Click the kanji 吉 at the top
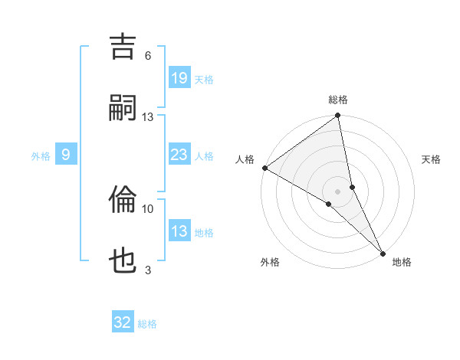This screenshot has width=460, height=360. pos(123,46)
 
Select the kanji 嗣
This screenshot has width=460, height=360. pos(123,107)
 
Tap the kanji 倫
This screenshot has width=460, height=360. pos(123,200)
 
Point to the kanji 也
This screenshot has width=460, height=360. pos(123,261)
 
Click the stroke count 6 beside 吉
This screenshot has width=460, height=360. pos(148,56)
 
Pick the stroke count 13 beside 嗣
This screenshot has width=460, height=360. pos(148,116)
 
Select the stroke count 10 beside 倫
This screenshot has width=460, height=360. pos(148,208)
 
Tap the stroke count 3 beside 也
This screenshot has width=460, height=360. pos(148,270)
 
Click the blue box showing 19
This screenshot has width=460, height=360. pos(179,78)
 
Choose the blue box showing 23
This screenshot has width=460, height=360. pos(179,155)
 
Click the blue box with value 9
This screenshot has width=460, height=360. pos(66,155)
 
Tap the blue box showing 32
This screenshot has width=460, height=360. pos(123,322)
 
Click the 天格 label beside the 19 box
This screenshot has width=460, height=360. pos(204,80)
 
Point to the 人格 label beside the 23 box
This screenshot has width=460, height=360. pos(204,156)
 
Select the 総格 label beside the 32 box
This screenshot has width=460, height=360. pos(147,324)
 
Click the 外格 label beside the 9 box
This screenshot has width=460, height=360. pos(41,156)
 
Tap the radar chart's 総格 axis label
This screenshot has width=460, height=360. pos(338,100)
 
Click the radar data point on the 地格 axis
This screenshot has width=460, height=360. pos(382,252)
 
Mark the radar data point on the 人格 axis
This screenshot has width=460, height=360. pos(264,168)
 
